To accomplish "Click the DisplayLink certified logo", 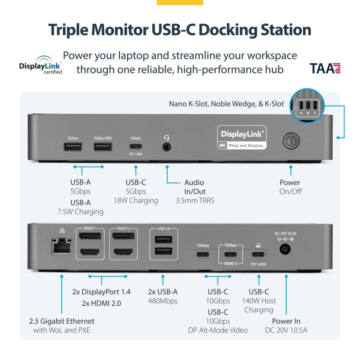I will tap(40, 65).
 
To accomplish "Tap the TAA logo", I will tap(325, 68).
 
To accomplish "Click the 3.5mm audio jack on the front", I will tap(167, 147).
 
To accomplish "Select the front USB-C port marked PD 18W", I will tap(136, 146).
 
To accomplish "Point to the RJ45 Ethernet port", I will tap(60, 245).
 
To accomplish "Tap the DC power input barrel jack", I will tap(284, 249).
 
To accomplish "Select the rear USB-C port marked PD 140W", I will tap(258, 254).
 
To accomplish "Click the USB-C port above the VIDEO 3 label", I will tap(230, 254).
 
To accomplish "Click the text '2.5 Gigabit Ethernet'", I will tap(62, 321).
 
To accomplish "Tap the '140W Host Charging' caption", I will tap(259, 305).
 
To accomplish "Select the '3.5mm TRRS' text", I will tap(195, 200).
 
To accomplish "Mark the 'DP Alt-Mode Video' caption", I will tap(218, 330).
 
